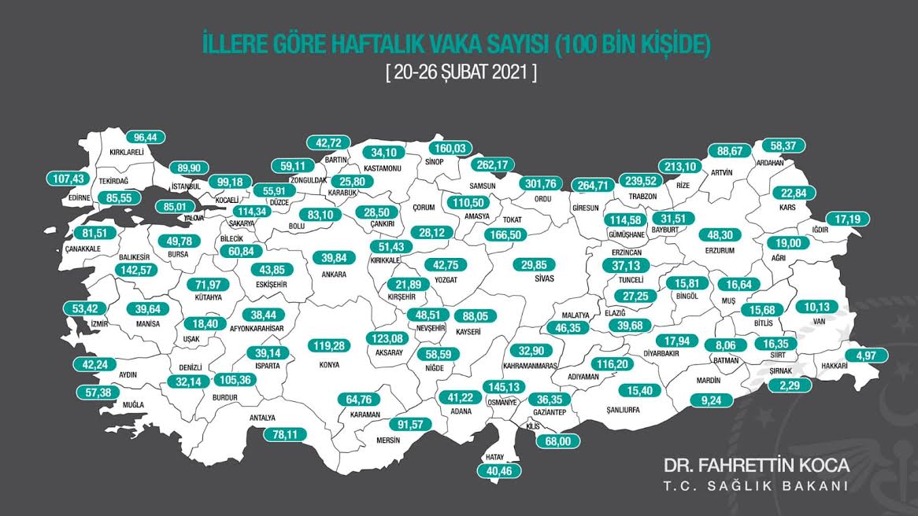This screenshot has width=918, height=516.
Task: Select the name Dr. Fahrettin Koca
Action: pyautogui.click(x=756, y=464)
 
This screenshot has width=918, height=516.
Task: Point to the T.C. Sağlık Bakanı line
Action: pyautogui.click(x=756, y=485)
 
